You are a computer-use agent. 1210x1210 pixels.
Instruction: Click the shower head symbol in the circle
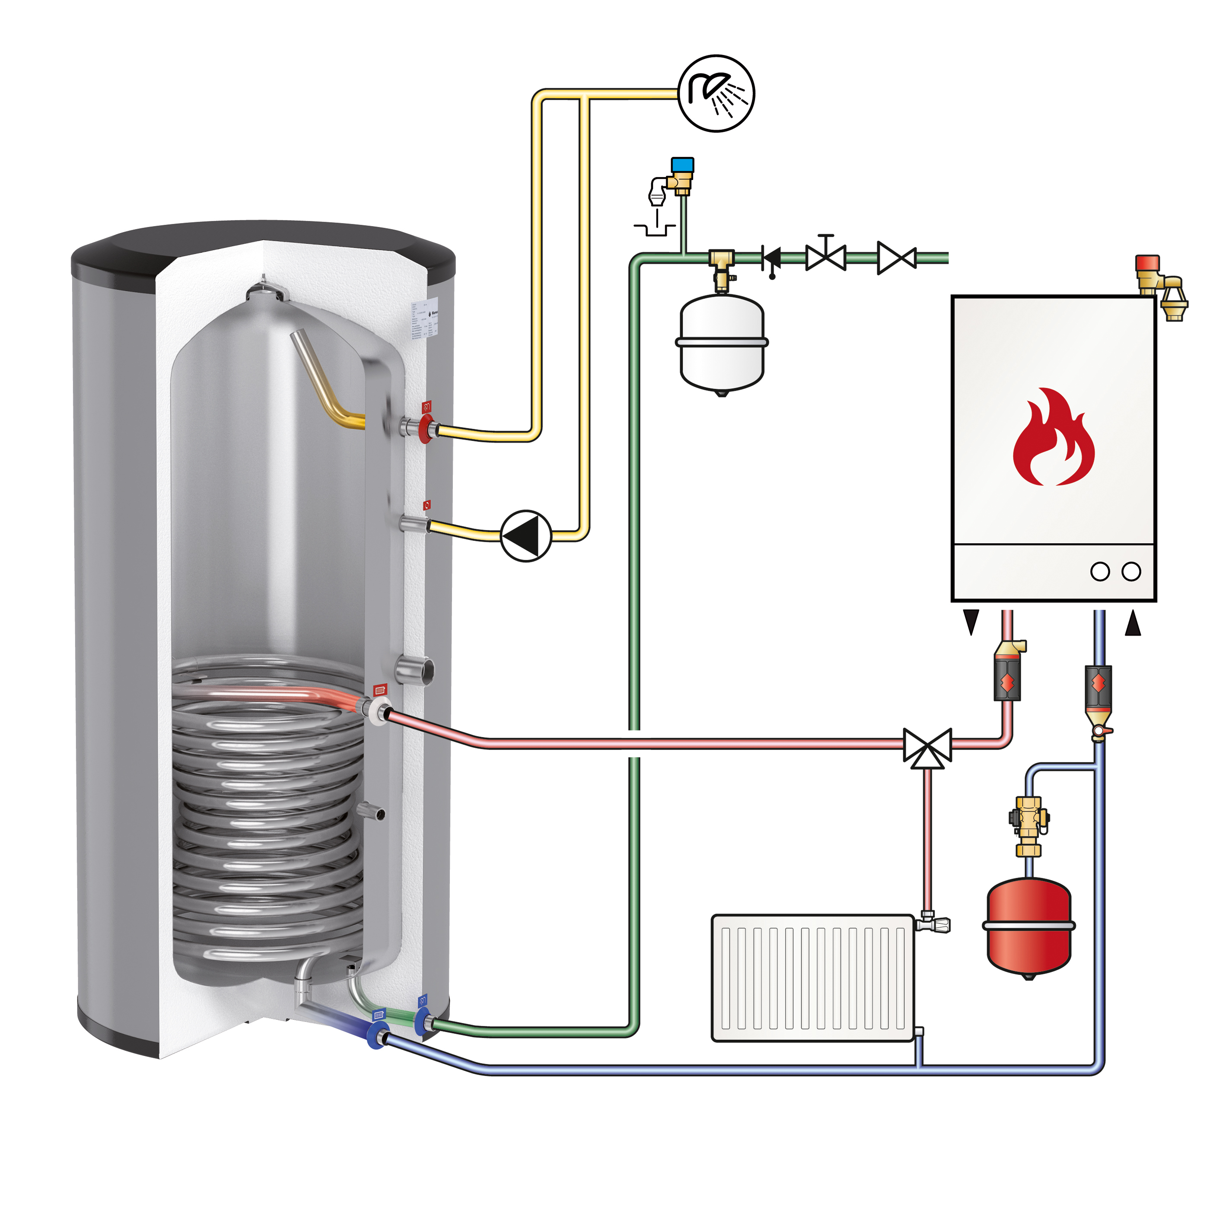click(x=716, y=93)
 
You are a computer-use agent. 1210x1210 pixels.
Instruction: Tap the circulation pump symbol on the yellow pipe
click(x=526, y=535)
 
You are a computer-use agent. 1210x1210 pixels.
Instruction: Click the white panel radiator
click(x=813, y=979)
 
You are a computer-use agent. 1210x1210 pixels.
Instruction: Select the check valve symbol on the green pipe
click(x=772, y=258)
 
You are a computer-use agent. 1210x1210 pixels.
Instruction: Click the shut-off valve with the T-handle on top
click(x=825, y=255)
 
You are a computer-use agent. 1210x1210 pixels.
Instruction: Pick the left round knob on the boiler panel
click(x=1100, y=571)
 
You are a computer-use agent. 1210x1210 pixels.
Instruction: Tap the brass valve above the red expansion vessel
click(x=1028, y=825)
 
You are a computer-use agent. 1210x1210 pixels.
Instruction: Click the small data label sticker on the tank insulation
click(x=423, y=319)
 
